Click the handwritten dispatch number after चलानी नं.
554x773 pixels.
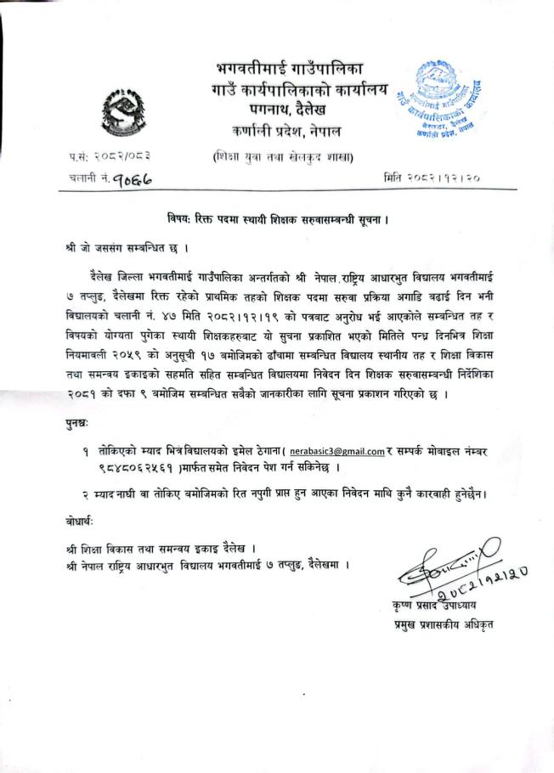point(135,179)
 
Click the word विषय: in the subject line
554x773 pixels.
point(181,219)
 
